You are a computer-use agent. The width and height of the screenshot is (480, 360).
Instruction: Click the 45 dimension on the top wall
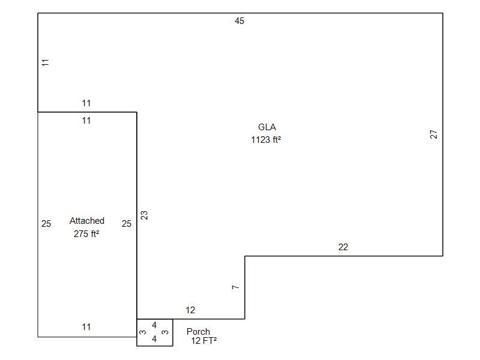click(x=239, y=21)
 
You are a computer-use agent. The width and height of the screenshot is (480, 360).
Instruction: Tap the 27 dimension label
click(x=433, y=134)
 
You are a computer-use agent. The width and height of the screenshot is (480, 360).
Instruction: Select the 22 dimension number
click(x=343, y=247)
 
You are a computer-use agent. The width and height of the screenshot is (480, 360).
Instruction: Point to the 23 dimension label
click(x=144, y=215)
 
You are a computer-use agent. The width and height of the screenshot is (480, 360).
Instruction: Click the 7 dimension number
click(x=235, y=287)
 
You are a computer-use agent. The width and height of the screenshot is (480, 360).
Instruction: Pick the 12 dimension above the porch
click(x=190, y=310)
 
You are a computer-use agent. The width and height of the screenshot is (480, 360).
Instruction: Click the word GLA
click(x=267, y=127)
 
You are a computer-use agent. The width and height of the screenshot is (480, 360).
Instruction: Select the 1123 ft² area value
click(x=266, y=140)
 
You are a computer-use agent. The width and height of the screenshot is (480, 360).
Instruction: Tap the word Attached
click(x=87, y=221)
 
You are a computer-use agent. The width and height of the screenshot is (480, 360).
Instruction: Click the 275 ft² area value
click(x=86, y=234)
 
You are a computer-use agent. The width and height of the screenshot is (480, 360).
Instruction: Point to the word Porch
click(x=199, y=332)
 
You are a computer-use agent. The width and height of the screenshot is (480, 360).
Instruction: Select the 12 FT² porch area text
click(x=204, y=341)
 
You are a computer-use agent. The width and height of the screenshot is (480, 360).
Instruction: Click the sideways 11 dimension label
click(x=46, y=63)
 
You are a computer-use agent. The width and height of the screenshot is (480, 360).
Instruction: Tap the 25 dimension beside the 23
click(x=127, y=224)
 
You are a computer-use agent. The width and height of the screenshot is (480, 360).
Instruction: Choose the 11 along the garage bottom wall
click(x=86, y=327)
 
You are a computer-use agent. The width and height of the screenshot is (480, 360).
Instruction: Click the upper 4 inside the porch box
click(x=154, y=325)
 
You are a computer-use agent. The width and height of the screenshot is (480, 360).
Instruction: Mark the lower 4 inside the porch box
click(x=154, y=339)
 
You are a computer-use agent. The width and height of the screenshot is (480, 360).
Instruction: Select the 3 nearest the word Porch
click(x=165, y=332)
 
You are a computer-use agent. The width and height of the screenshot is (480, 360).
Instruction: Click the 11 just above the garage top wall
click(x=86, y=103)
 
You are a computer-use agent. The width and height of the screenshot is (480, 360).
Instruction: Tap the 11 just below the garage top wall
click(x=86, y=121)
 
